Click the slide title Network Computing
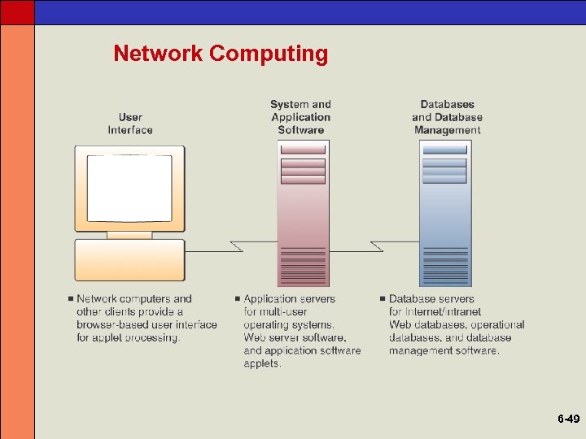pyautogui.click(x=221, y=54)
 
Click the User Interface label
pyautogui.click(x=130, y=124)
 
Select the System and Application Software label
pyautogui.click(x=300, y=117)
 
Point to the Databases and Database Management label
pyautogui.click(x=447, y=117)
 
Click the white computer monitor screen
pyautogui.click(x=129, y=188)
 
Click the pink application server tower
pyautogui.click(x=303, y=213)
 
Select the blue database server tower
pyautogui.click(x=445, y=213)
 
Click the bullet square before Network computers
pyautogui.click(x=71, y=299)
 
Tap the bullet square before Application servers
pyautogui.click(x=237, y=299)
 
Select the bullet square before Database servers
pyautogui.click(x=382, y=299)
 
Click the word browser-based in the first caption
pyautogui.click(x=110, y=324)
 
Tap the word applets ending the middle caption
pyautogui.click(x=262, y=363)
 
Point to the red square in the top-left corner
pyautogui.click(x=17, y=11)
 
